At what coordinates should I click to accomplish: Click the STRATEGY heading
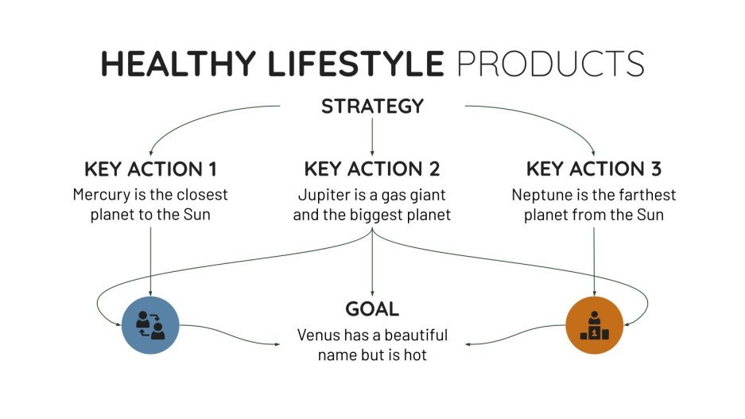(372, 106)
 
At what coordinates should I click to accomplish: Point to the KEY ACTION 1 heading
(150, 169)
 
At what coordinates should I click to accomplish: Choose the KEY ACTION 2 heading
(372, 169)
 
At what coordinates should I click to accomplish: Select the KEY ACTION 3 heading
(594, 169)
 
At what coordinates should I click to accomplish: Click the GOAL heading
(372, 309)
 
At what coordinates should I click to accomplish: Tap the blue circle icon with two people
(150, 324)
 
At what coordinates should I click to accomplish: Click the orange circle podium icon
(594, 325)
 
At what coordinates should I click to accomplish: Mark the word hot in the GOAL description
(414, 355)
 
